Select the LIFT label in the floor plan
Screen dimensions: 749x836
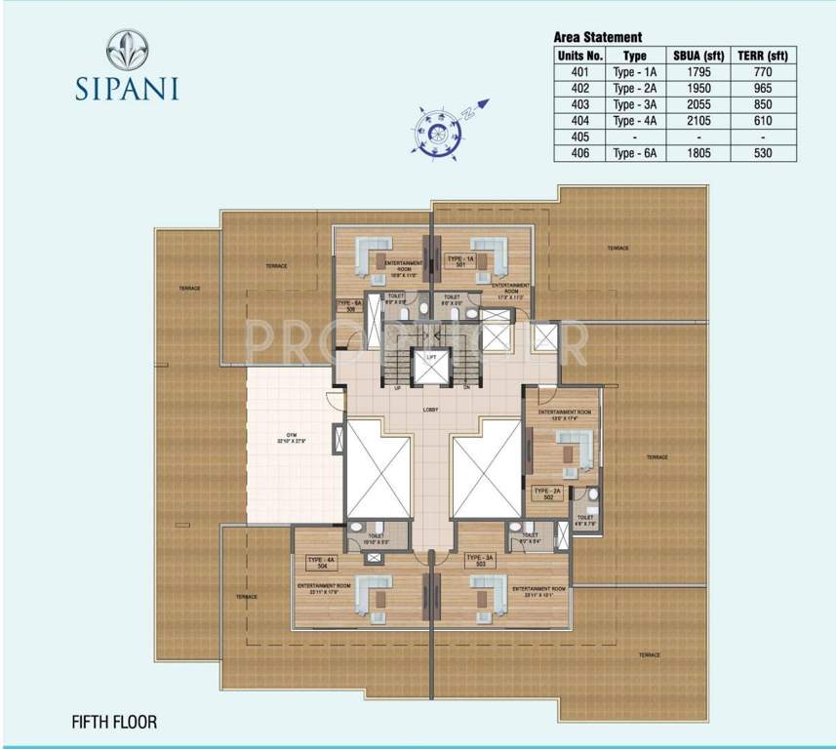pos(430,358)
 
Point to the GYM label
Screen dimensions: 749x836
pos(289,437)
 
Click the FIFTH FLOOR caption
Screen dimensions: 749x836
pos(114,723)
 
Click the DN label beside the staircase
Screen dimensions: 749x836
pos(466,387)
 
